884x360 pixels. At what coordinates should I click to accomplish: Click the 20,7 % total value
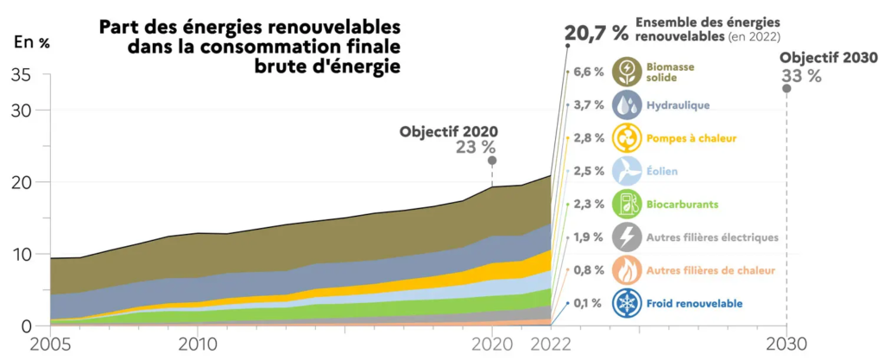coord(596,34)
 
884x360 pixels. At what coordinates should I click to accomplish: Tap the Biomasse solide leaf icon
coord(626,72)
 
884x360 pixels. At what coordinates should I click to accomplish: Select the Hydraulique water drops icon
coord(626,104)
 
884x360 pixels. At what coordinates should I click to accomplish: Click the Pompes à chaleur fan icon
coord(626,137)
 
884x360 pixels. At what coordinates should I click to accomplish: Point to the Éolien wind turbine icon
coord(626,171)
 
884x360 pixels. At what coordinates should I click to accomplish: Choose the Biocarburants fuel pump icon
coord(626,204)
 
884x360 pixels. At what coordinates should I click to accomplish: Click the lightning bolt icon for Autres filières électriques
coord(626,237)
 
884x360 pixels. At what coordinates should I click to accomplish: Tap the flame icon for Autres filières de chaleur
coord(626,270)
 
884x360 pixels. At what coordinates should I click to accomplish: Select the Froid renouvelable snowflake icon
coord(626,303)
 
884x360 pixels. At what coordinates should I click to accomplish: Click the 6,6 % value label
coord(588,72)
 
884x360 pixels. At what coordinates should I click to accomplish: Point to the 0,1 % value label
coord(588,303)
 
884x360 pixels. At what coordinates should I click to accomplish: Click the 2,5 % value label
coord(588,171)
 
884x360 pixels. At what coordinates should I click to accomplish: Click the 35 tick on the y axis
coord(23,75)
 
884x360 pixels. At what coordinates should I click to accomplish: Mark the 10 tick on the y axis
coord(23,254)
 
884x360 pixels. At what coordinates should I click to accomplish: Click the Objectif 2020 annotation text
coord(448,132)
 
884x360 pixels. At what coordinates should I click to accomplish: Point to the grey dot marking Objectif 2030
coord(786,89)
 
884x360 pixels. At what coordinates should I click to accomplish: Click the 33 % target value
coord(801,75)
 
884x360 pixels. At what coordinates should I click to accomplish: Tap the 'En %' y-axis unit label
coord(32,41)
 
